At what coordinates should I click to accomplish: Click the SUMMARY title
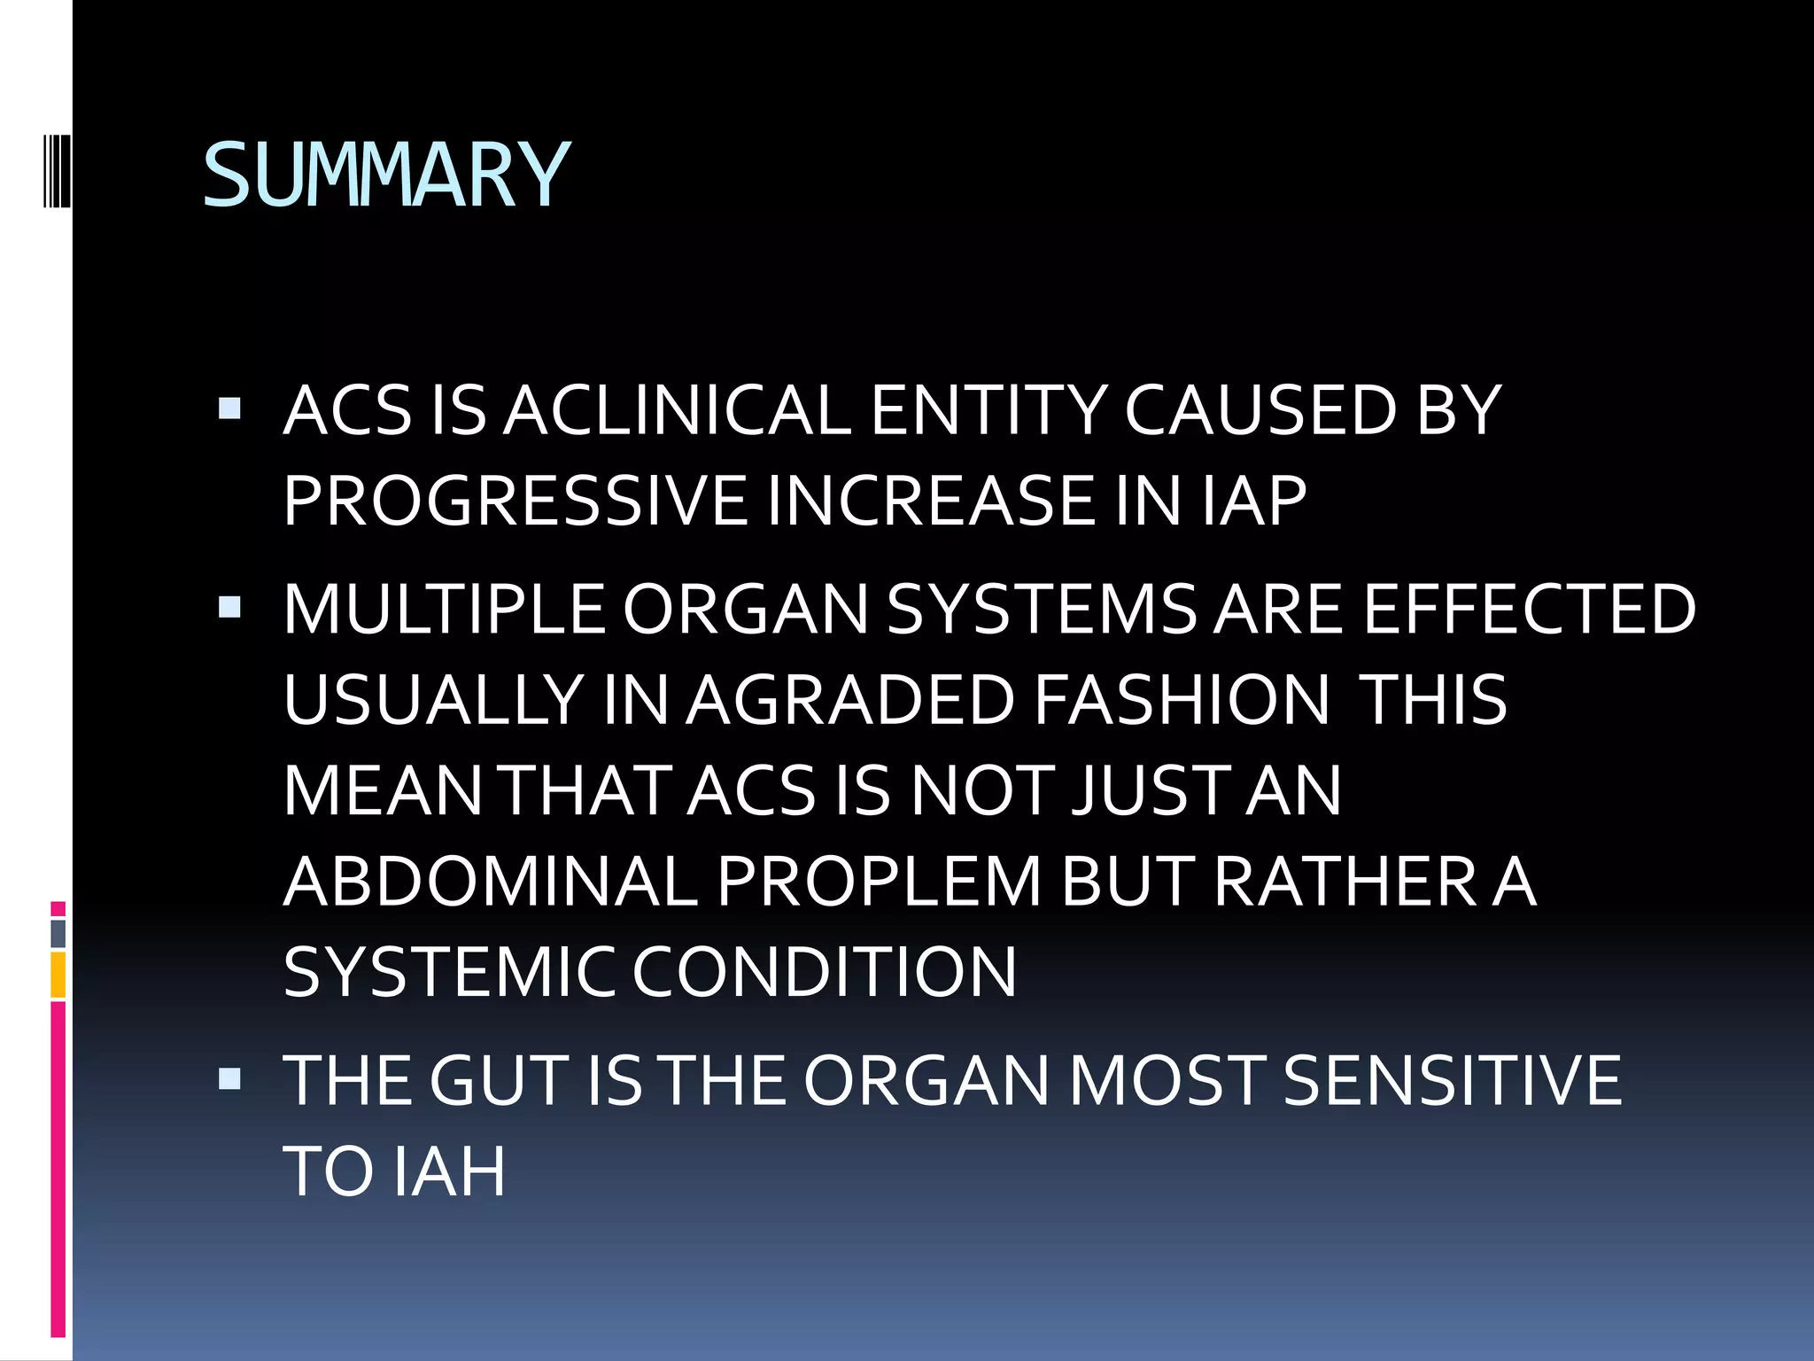(386, 175)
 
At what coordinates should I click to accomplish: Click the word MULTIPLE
(444, 610)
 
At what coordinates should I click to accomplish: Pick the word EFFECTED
(1529, 610)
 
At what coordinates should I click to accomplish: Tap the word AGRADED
(849, 701)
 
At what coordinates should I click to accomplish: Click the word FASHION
(1182, 701)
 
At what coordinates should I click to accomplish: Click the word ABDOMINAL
(490, 882)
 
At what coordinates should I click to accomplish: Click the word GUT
(499, 1081)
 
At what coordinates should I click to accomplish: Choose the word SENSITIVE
(1452, 1081)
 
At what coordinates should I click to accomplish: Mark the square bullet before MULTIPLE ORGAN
(229, 607)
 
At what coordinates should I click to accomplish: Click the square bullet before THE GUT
(229, 1078)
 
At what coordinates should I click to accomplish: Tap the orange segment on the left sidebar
(58, 975)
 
